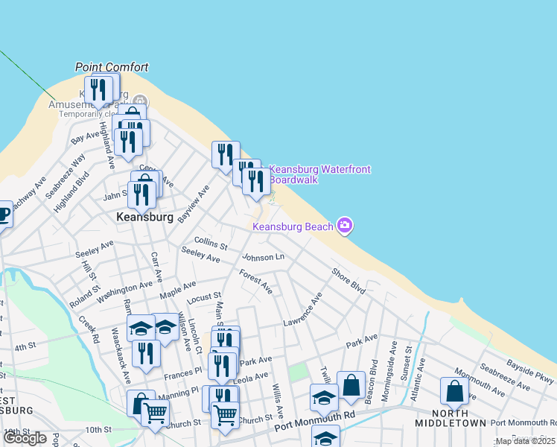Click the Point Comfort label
point(112,67)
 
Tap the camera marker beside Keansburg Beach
point(344,225)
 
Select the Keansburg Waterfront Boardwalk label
point(319,174)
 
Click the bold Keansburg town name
point(145,218)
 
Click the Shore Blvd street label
point(348,281)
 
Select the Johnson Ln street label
point(263,257)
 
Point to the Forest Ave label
point(255,281)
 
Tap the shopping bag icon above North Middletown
point(454,391)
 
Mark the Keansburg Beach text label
point(293,226)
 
